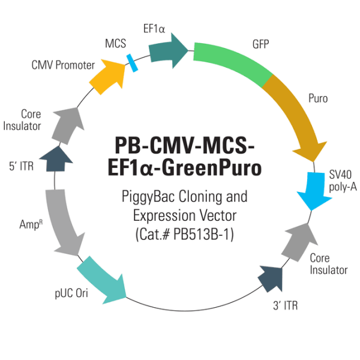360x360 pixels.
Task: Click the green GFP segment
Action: (231, 64)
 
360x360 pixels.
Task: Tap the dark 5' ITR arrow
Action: (59, 158)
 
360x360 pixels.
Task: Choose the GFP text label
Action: (260, 44)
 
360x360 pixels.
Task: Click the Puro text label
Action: (317, 98)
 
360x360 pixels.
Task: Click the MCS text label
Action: (115, 44)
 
